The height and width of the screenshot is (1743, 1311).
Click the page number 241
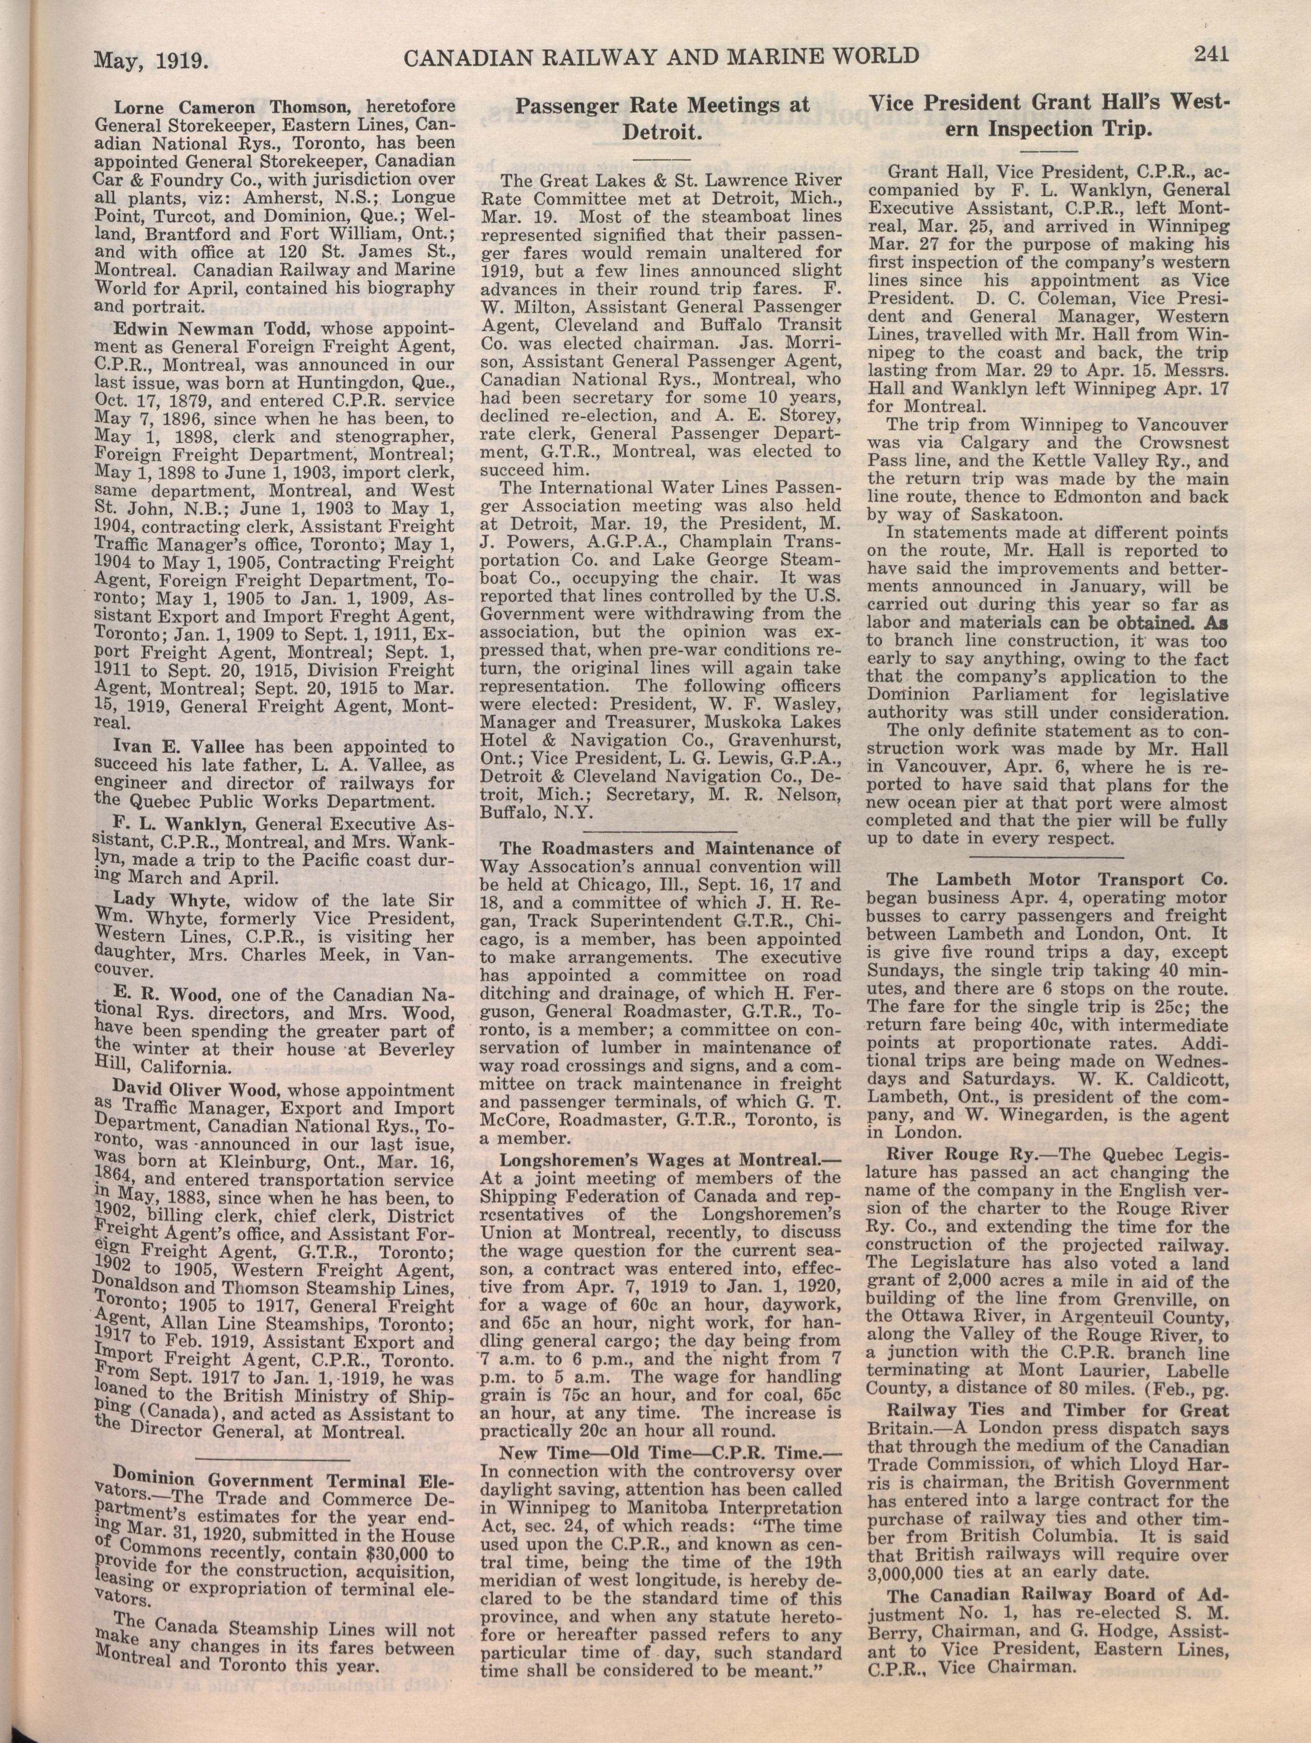tap(1212, 54)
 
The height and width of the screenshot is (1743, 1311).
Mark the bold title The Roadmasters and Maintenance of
tap(670, 849)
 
